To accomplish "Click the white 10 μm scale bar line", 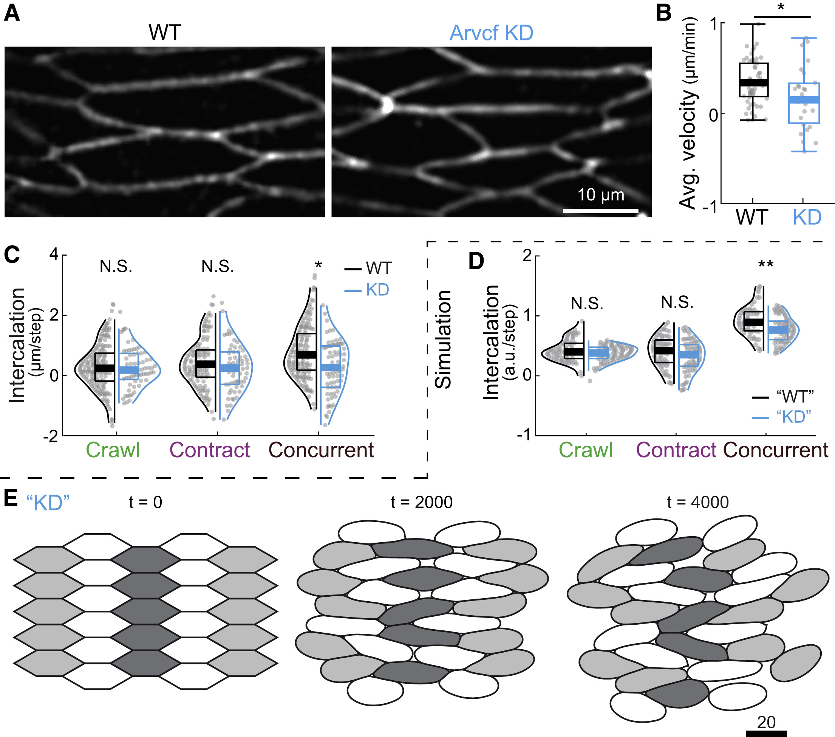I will pos(600,211).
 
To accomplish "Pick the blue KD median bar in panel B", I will pos(804,100).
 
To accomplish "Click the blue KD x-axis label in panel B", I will pos(807,217).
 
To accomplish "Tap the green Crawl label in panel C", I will pos(113,450).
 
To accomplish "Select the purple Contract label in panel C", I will pos(210,450).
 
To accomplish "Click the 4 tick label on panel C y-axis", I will pos(54,254).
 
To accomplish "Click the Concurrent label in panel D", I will pos(776,450).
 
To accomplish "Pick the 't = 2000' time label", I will pos(422,502).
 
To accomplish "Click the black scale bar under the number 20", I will pos(766,733).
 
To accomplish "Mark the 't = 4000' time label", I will pos(698,502).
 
